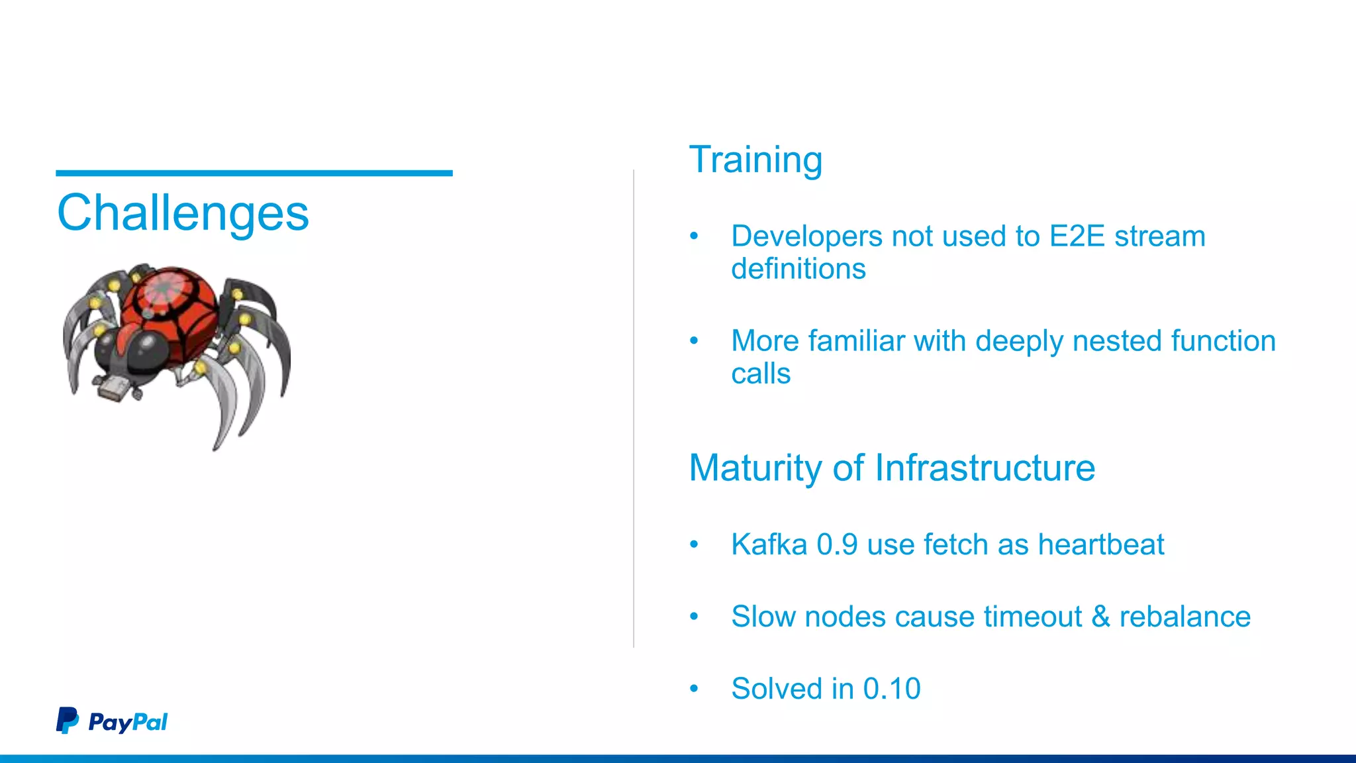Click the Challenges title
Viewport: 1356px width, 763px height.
pyautogui.click(x=183, y=213)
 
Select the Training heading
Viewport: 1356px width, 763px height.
pyautogui.click(x=755, y=160)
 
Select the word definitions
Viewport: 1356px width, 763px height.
pyautogui.click(x=798, y=269)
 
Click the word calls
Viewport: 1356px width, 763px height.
pyautogui.click(x=761, y=374)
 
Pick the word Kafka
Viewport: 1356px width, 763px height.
pyautogui.click(x=769, y=544)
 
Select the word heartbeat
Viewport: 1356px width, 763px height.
pyautogui.click(x=1100, y=544)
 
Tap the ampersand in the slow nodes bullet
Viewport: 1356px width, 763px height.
pyautogui.click(x=1100, y=617)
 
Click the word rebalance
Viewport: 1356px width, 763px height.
pyautogui.click(x=1185, y=617)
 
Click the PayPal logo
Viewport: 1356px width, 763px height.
pyautogui.click(x=112, y=721)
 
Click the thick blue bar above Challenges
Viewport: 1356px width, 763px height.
pyautogui.click(x=254, y=173)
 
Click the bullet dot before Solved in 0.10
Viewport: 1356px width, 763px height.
pyautogui.click(x=694, y=689)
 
